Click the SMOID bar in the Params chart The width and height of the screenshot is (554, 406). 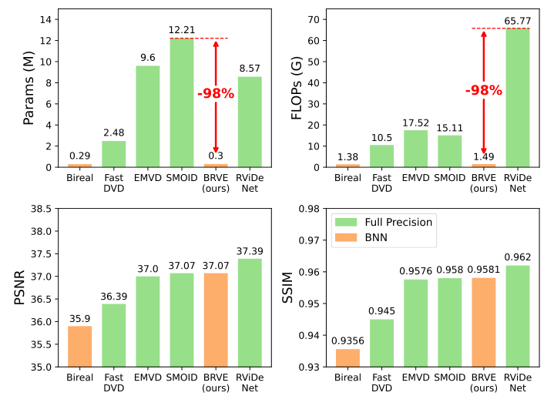pyautogui.click(x=182, y=102)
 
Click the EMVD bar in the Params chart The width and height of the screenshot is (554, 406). pyautogui.click(x=148, y=116)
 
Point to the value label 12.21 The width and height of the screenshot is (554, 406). pyautogui.click(x=182, y=30)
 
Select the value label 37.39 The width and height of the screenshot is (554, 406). pyautogui.click(x=250, y=251)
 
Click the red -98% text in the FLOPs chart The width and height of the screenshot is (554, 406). pyautogui.click(x=483, y=91)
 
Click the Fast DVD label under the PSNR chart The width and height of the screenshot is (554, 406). pyautogui.click(x=114, y=383)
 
